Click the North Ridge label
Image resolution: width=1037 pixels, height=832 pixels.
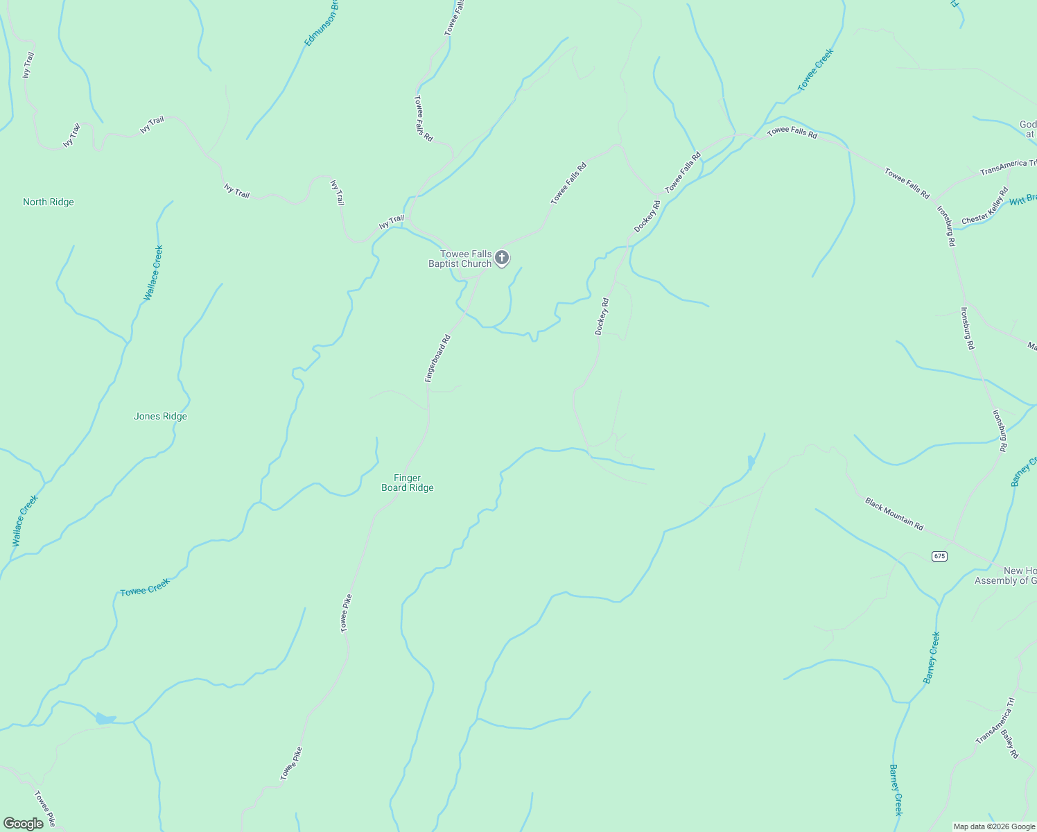tap(49, 202)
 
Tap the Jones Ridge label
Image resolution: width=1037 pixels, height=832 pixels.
tap(160, 417)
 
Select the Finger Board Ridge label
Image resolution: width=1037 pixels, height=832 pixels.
tap(408, 483)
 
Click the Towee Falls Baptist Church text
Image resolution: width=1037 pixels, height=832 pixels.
tap(460, 259)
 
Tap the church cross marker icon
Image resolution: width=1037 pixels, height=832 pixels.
tap(502, 258)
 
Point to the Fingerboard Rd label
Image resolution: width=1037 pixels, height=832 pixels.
tap(438, 358)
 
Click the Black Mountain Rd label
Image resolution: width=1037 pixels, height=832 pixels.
tap(894, 514)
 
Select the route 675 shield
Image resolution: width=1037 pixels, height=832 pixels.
tap(939, 556)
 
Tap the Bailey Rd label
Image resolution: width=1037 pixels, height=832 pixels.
tap(1010, 743)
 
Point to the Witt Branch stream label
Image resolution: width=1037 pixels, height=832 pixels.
tap(1023, 200)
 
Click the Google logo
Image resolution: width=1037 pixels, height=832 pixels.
tap(24, 824)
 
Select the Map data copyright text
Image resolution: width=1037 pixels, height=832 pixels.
tap(994, 826)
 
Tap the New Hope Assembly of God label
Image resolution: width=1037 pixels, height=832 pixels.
tap(1006, 576)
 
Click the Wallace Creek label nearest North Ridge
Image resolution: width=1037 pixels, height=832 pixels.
tap(153, 273)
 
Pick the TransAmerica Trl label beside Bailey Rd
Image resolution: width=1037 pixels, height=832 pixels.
tap(995, 722)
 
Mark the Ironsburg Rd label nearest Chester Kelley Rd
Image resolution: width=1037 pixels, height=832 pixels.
tap(946, 226)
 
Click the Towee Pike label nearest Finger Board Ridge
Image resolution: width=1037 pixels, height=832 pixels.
tap(346, 613)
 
